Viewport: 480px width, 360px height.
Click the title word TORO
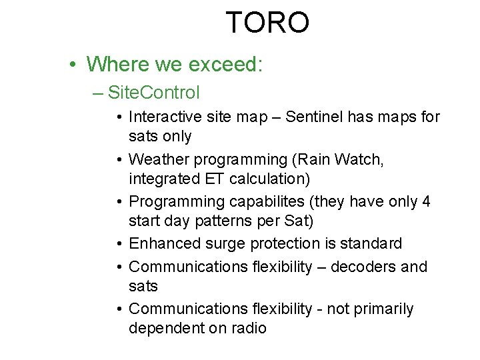pos(267,23)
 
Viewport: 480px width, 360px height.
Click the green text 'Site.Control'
pos(153,91)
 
